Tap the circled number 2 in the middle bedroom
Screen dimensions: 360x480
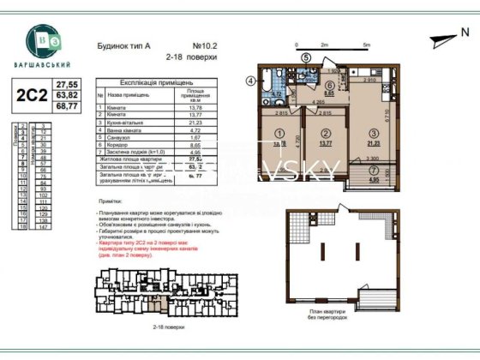(x=326, y=134)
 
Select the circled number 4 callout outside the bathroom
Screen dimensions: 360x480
(x=251, y=81)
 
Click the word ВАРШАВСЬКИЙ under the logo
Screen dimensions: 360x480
(x=45, y=65)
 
